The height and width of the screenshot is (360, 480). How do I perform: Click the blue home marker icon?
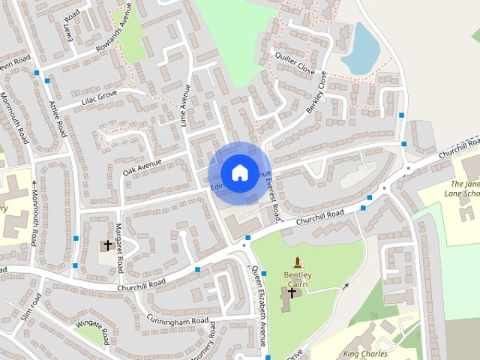239,173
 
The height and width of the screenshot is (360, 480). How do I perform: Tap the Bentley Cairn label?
298,279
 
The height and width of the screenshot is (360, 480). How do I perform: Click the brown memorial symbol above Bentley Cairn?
298,263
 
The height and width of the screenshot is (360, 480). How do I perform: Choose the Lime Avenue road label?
185,105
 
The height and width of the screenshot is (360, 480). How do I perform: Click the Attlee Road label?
58,120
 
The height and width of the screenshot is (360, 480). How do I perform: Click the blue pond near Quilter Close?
361,48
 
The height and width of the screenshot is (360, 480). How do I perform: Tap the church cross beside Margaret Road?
107,245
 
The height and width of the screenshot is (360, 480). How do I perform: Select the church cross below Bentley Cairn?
292,292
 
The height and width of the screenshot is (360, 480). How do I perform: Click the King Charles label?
365,353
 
